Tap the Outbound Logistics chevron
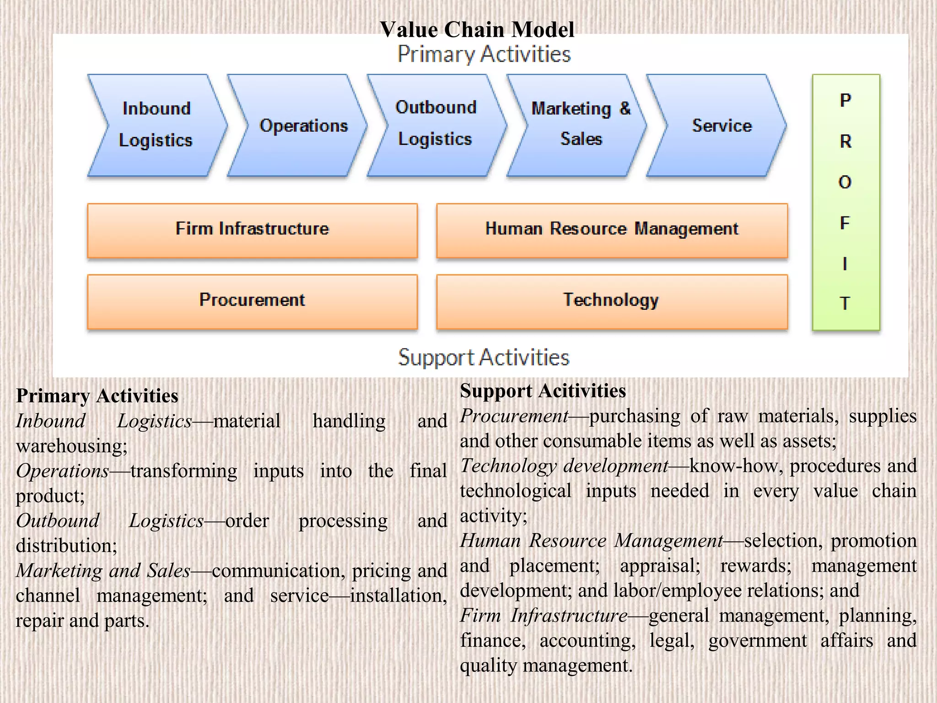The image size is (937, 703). coord(436,124)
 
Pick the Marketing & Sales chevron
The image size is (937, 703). coord(580,124)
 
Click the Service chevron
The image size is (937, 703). coord(721,125)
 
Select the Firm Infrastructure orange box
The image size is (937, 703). coord(252,230)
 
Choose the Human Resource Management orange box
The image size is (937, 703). coord(612,230)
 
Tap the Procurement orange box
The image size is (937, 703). coord(252,301)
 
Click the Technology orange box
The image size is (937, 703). coord(612,301)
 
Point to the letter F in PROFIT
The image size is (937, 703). coord(845,223)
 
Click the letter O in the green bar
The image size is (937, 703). coord(845,182)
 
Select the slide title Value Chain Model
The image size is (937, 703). coord(477,30)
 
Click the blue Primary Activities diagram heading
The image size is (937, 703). coord(484,54)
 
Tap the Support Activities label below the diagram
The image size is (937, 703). coord(484,357)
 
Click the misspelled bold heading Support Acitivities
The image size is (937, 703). coord(543,391)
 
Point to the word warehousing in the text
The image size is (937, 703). coord(71,446)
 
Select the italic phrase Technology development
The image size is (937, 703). coord(564,466)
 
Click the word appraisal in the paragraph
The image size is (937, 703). coord(659,566)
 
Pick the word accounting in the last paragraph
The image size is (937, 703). coord(587,640)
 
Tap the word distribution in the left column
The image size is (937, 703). coord(66,546)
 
